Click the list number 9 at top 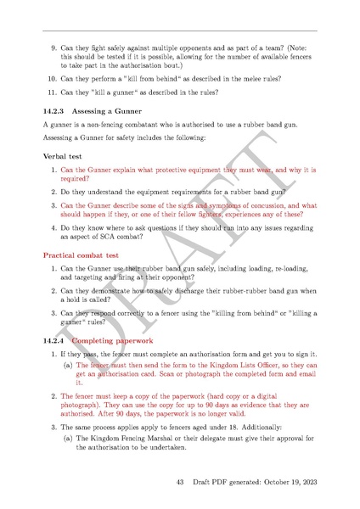pos(54,49)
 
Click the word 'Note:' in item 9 pos(305,49)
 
